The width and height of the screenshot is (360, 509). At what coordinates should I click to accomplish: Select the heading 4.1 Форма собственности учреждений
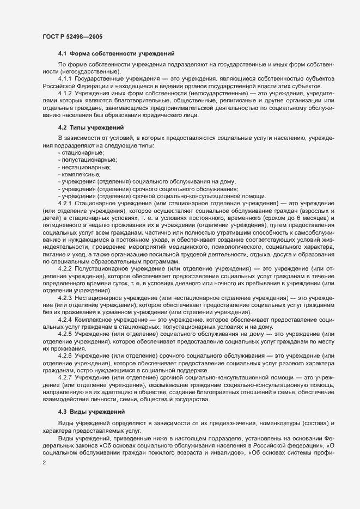116,53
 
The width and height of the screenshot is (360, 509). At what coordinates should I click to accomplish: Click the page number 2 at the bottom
44,461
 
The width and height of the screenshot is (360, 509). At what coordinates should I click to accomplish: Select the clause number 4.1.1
66,79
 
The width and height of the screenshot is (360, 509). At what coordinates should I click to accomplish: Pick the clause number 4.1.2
66,94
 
